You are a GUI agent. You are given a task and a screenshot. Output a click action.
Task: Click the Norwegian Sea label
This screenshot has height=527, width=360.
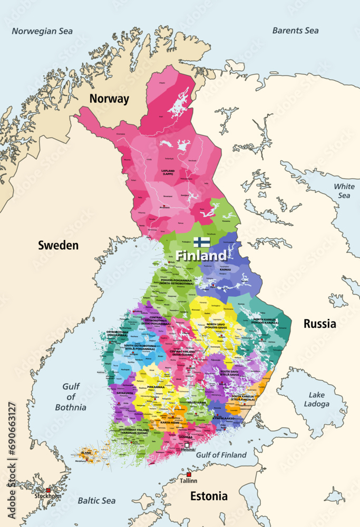click(42, 31)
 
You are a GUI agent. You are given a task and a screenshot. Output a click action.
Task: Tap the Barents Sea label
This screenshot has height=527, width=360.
click(295, 31)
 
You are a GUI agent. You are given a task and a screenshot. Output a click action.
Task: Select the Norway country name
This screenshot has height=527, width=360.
click(109, 99)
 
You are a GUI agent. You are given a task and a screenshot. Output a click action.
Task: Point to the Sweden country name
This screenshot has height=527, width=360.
click(58, 245)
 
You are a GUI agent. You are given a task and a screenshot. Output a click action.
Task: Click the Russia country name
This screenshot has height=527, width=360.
click(319, 324)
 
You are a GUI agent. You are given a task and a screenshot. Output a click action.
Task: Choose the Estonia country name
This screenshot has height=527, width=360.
click(209, 496)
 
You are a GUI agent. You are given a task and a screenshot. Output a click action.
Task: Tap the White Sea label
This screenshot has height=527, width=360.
click(344, 191)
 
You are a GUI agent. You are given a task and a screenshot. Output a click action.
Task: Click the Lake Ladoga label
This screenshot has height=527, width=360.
click(317, 399)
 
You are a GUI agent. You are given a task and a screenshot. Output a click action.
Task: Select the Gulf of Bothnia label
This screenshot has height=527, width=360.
click(71, 397)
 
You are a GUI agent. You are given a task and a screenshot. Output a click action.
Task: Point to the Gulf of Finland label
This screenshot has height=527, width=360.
click(221, 455)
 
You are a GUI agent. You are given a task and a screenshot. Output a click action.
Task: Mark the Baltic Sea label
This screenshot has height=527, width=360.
click(96, 500)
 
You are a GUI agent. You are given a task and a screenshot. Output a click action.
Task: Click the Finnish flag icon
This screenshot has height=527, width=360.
click(201, 242)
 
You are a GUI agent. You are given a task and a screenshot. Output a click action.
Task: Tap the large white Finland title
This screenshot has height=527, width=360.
click(201, 256)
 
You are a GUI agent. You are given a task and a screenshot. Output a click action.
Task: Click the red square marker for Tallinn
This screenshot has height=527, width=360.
click(189, 475)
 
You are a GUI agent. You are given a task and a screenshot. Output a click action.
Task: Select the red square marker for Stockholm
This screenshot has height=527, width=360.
click(48, 490)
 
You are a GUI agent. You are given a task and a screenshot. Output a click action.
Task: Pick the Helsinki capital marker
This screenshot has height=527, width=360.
click(187, 445)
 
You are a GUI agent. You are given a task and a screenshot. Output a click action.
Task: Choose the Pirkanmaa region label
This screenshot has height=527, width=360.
click(155, 387)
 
